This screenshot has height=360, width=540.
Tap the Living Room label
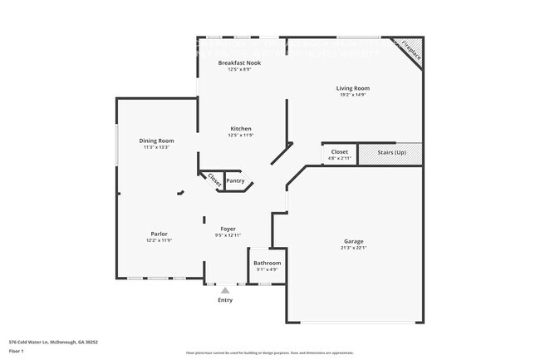pos(352,88)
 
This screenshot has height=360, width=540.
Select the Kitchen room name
pos(241,129)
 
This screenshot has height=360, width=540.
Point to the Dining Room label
pos(156,141)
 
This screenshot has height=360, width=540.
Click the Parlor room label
pos(159,234)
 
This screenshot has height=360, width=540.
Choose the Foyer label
pos(228,229)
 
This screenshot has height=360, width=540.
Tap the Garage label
pos(353,241)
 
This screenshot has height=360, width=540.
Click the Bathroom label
pos(268,264)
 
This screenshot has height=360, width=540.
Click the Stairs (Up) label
pos(391,153)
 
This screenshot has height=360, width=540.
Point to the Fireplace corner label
pos(411,52)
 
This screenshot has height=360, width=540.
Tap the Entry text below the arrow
pos(225,299)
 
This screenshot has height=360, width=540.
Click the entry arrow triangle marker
pos(225,289)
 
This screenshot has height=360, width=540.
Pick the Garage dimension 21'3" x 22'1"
pos(353,248)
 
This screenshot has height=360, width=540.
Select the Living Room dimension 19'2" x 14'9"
pos(352,95)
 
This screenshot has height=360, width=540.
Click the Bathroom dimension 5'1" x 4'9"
pos(268,270)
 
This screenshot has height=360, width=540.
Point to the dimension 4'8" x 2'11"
pos(340,158)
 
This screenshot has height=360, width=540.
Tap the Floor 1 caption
pos(17,351)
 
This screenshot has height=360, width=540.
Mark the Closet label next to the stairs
pos(339,152)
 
